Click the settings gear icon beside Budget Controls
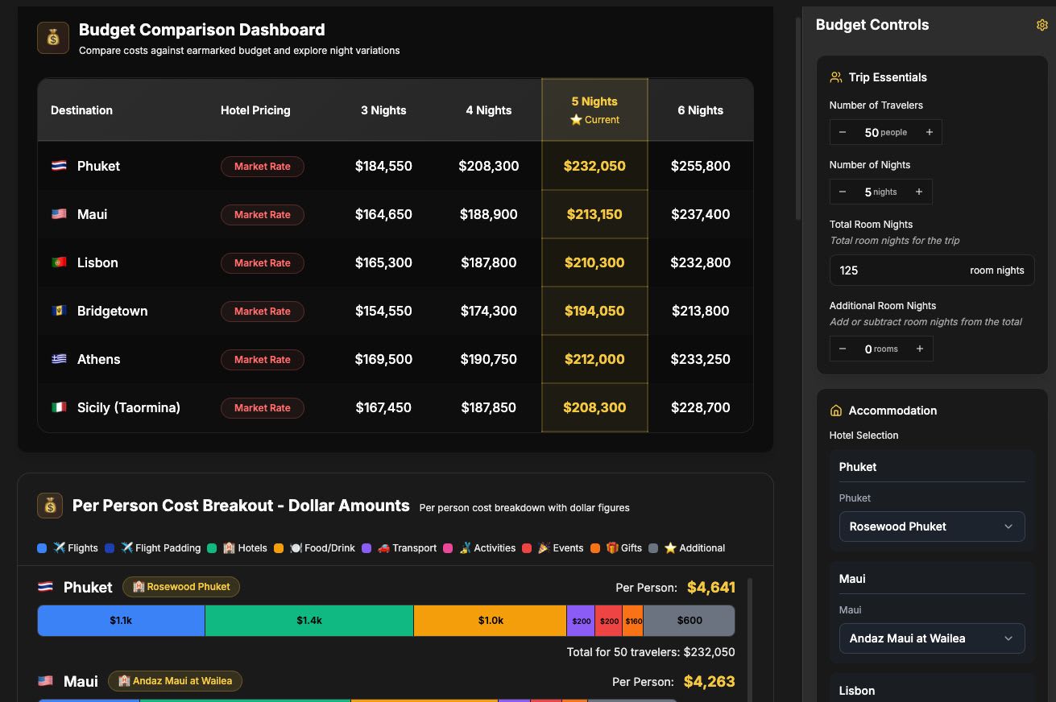pos(1042,25)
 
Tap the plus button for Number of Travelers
pos(929,132)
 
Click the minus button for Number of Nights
pos(843,192)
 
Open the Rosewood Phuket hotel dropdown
pos(932,526)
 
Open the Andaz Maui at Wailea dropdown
pos(932,638)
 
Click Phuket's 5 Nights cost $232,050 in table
pos(594,166)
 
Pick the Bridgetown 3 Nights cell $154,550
pos(383,311)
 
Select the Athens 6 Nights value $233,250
pos(700,359)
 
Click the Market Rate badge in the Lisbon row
pos(263,263)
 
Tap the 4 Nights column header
pos(488,110)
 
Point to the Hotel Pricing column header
pos(255,110)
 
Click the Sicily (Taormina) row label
pos(128,407)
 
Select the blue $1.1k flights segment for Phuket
pos(121,621)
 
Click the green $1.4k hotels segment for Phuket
pos(309,621)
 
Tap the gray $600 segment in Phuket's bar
pos(690,621)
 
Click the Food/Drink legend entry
pos(322,548)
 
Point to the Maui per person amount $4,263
pos(709,682)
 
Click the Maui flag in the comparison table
pos(59,214)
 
